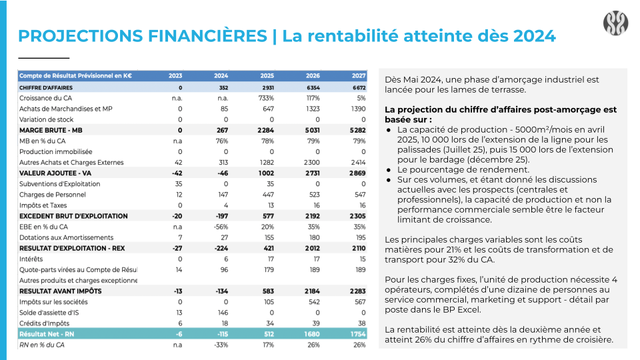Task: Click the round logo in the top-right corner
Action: [x=615, y=23]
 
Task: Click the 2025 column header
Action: [x=267, y=76]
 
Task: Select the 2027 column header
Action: [x=359, y=76]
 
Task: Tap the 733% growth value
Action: [x=266, y=99]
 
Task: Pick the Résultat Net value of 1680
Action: [x=312, y=334]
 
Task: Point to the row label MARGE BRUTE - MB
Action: [x=51, y=131]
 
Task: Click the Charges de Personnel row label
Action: [x=52, y=195]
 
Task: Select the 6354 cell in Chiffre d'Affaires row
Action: [x=313, y=88]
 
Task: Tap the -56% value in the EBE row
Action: [x=221, y=227]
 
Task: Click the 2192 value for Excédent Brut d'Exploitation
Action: [x=312, y=216]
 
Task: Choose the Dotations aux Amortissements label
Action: [x=66, y=237]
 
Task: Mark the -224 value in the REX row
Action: [x=221, y=248]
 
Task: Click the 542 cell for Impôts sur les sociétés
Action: [x=314, y=302]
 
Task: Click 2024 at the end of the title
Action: [x=534, y=36]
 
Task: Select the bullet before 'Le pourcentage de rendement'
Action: [x=388, y=170]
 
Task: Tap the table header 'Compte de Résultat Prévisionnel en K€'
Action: [x=75, y=76]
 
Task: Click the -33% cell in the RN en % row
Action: [x=221, y=345]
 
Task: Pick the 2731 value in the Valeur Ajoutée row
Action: [x=312, y=173]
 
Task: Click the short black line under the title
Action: [x=44, y=58]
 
